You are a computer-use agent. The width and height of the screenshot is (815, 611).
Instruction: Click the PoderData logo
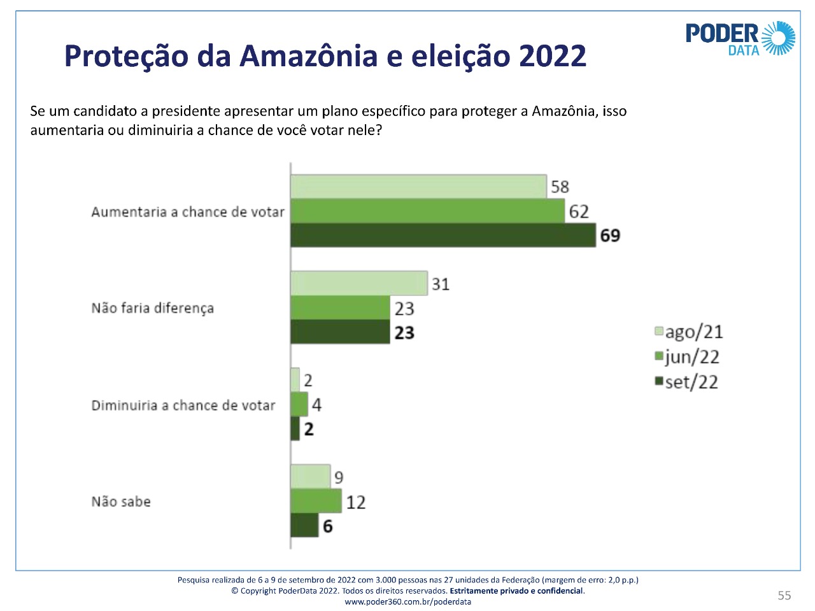[740, 38]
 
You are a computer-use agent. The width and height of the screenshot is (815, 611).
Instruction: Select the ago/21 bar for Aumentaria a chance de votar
[418, 186]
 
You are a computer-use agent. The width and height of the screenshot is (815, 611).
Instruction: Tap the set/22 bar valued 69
[443, 235]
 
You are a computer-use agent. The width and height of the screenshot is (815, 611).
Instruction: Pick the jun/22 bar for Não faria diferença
[340, 308]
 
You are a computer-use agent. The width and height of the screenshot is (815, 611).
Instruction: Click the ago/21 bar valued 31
[358, 284]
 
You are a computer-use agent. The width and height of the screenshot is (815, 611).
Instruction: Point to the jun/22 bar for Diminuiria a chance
[299, 404]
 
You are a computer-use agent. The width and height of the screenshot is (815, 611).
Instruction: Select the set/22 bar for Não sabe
[304, 526]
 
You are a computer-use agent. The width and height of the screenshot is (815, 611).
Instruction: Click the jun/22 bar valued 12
[316, 501]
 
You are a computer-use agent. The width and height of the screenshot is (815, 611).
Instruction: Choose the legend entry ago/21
[689, 332]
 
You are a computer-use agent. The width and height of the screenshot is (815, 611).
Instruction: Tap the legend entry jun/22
[687, 357]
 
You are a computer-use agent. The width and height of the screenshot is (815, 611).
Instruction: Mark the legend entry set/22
[686, 382]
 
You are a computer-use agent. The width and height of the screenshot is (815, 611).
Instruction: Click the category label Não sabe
[121, 501]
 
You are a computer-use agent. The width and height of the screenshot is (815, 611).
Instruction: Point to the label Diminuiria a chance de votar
[183, 405]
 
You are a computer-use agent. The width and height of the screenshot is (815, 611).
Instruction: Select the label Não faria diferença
[153, 308]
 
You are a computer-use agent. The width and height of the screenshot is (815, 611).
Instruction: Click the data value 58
[560, 187]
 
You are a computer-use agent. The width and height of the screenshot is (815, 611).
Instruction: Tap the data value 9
[339, 477]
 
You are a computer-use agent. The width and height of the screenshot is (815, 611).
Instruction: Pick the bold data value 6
[328, 526]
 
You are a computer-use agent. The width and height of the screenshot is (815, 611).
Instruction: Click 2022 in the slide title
[552, 56]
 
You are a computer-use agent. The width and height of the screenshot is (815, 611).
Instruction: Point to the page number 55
[784, 595]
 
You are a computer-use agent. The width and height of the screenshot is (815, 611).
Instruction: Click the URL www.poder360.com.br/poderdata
[408, 601]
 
